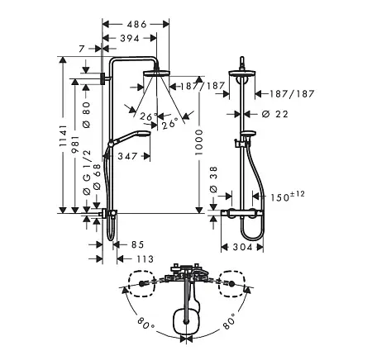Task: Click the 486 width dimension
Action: [136, 25]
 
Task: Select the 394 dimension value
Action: [130, 38]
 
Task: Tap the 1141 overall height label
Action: [63, 135]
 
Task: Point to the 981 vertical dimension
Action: [75, 144]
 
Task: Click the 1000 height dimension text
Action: [198, 142]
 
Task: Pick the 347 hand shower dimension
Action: [127, 156]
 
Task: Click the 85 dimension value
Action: [137, 244]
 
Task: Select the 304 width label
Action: [242, 247]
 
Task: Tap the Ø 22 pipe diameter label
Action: [274, 114]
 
